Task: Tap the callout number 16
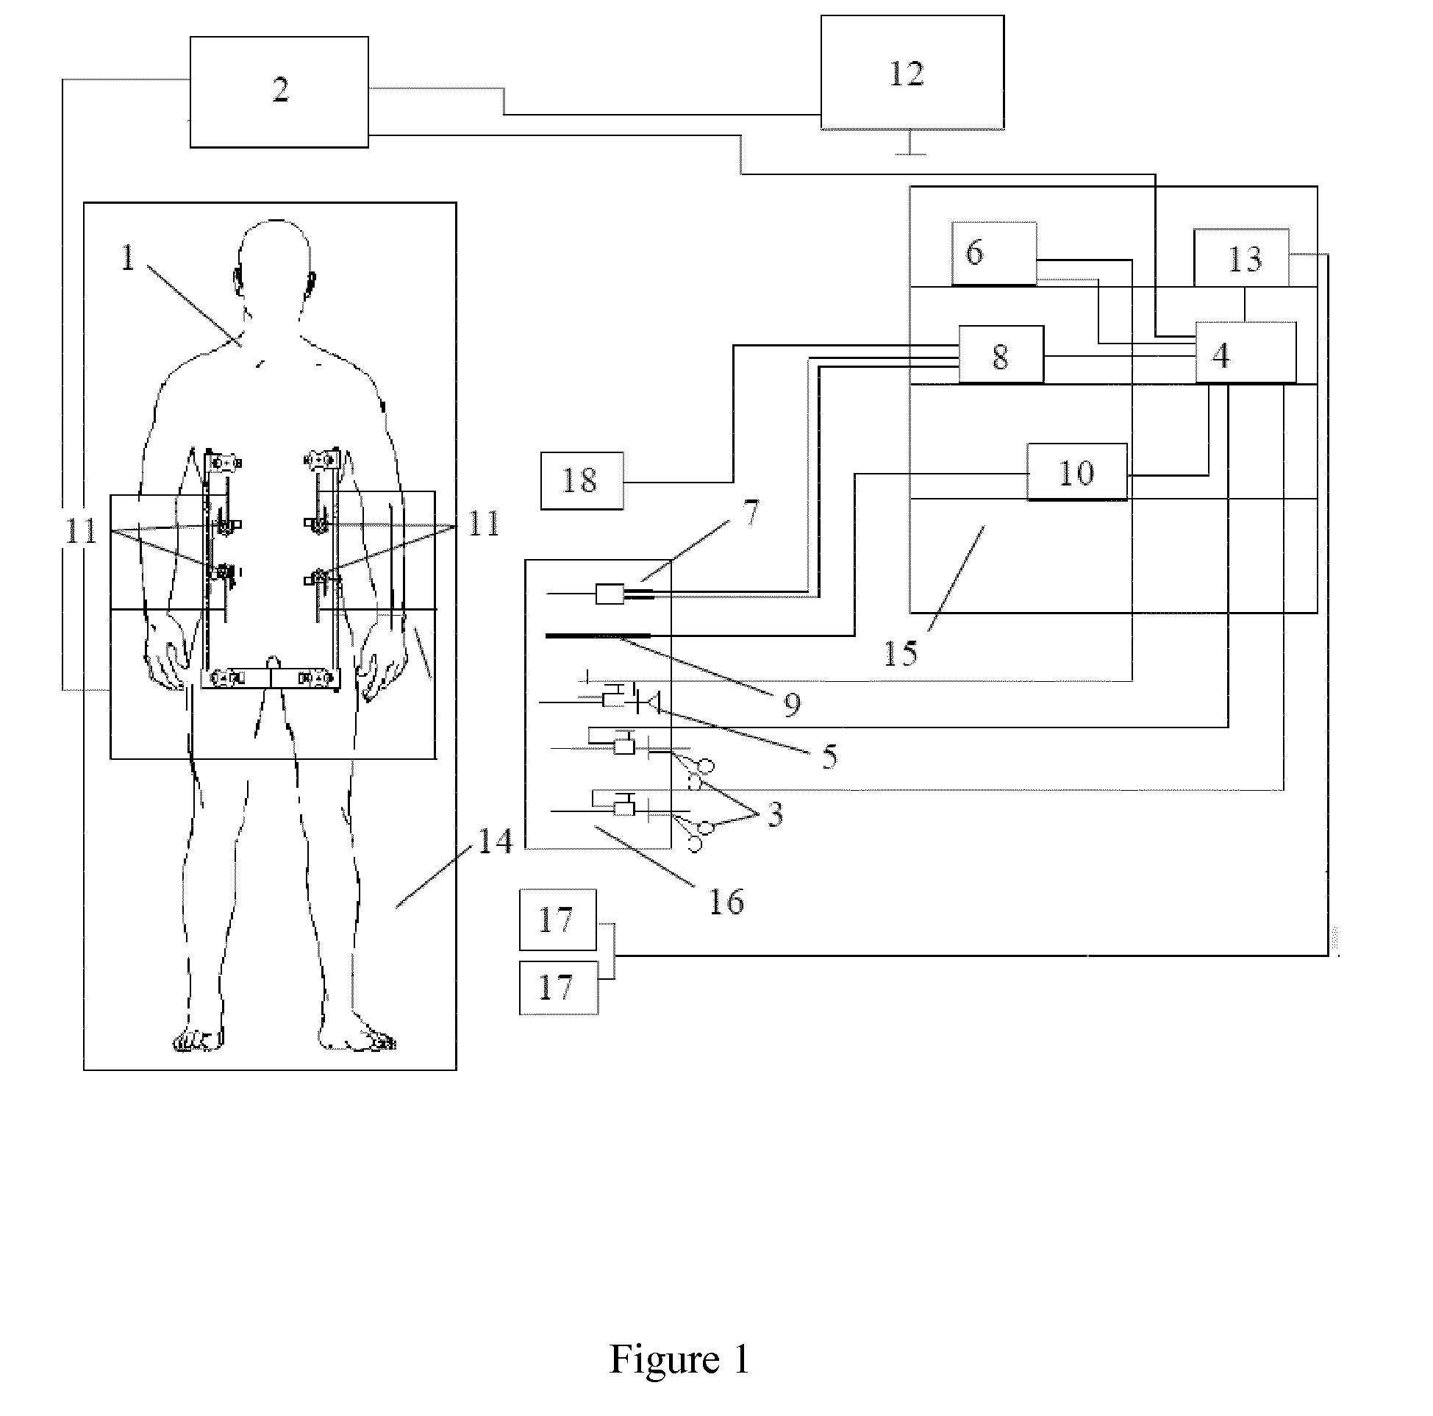click(726, 902)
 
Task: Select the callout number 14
click(495, 841)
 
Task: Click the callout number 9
click(792, 703)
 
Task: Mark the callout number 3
click(774, 814)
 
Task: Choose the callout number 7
click(751, 513)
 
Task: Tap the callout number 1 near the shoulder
click(129, 257)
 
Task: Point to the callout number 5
click(830, 756)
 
